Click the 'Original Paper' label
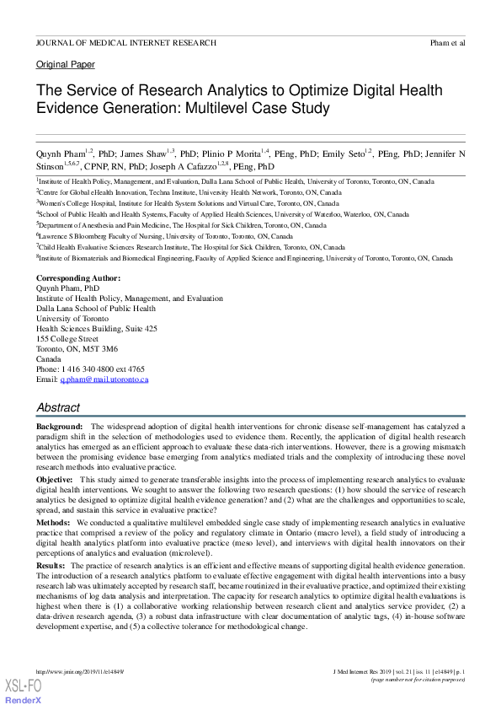(x=65, y=65)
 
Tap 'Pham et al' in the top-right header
(x=447, y=43)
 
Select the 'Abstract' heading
(x=58, y=407)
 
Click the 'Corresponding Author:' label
(x=77, y=278)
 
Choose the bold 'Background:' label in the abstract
(x=59, y=428)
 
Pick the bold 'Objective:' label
(x=54, y=479)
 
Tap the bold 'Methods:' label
(x=53, y=523)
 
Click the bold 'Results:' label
(x=51, y=566)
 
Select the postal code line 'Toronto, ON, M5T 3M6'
(x=77, y=349)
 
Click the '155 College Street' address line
(x=72, y=339)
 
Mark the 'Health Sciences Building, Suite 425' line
(x=96, y=329)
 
